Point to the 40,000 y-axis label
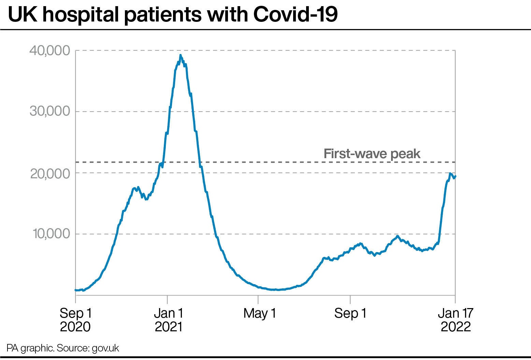pyautogui.click(x=49, y=51)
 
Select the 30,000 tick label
pyautogui.click(x=50, y=111)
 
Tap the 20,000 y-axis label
pyautogui.click(x=50, y=174)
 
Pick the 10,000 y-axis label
pyautogui.click(x=50, y=234)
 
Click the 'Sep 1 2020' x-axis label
pyautogui.click(x=75, y=319)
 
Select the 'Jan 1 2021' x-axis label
pyautogui.click(x=169, y=319)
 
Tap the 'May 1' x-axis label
pyautogui.click(x=259, y=313)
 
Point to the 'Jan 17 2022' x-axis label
pyautogui.click(x=456, y=319)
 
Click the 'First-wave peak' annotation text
pyautogui.click(x=372, y=154)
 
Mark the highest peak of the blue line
pyautogui.click(x=180, y=55)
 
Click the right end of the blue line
pyautogui.click(x=455, y=176)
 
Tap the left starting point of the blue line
pyautogui.click(x=76, y=290)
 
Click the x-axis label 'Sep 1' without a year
pyautogui.click(x=350, y=313)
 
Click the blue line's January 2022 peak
pyautogui.click(x=450, y=174)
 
